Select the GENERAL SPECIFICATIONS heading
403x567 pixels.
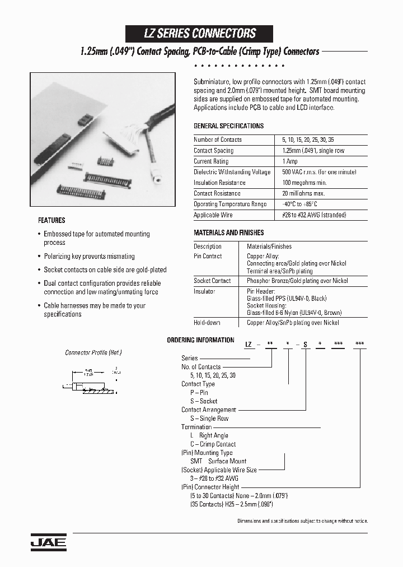(x=228, y=126)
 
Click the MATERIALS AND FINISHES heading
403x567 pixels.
(x=228, y=233)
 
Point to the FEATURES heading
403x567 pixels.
(x=51, y=220)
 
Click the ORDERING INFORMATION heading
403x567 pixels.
(x=200, y=340)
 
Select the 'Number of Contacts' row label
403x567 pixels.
(x=217, y=140)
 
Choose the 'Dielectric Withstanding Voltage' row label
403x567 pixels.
(x=232, y=172)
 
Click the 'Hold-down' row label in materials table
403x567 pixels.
(x=207, y=323)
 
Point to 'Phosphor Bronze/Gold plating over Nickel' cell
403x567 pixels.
(x=297, y=281)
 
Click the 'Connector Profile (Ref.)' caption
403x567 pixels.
(x=93, y=352)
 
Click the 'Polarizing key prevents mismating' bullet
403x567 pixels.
(x=89, y=256)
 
